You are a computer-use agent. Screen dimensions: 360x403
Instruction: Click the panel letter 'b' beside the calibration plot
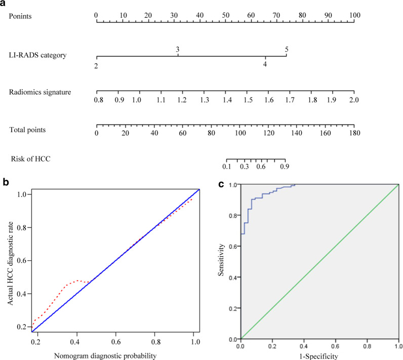click(x=4, y=180)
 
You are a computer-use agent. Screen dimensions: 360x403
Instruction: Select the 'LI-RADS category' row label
click(x=37, y=55)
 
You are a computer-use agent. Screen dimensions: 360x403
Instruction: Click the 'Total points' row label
click(x=27, y=130)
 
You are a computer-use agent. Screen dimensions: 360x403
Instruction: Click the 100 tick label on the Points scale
click(x=354, y=15)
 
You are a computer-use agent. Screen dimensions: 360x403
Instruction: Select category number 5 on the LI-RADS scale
click(x=287, y=49)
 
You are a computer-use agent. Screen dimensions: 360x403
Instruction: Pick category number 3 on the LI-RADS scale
click(x=178, y=49)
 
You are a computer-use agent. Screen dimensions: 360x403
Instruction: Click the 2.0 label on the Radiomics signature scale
click(x=353, y=100)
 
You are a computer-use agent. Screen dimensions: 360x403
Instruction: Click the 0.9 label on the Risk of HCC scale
click(x=285, y=166)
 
